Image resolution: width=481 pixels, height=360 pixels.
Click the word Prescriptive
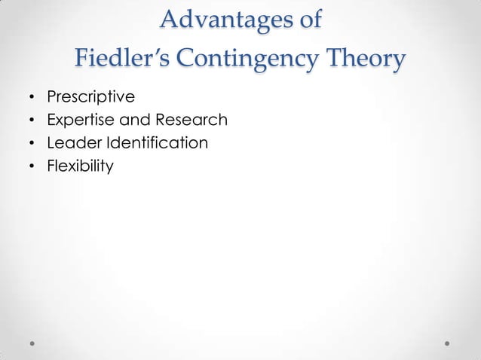[x=90, y=97]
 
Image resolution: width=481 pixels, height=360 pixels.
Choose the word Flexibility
[x=80, y=164]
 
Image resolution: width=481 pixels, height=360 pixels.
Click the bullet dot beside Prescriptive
[x=32, y=98]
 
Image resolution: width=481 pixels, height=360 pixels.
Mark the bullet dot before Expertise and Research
[x=32, y=121]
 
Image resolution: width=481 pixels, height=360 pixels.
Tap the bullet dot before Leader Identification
[x=32, y=142]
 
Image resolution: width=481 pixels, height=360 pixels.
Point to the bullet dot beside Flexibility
[x=32, y=165]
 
